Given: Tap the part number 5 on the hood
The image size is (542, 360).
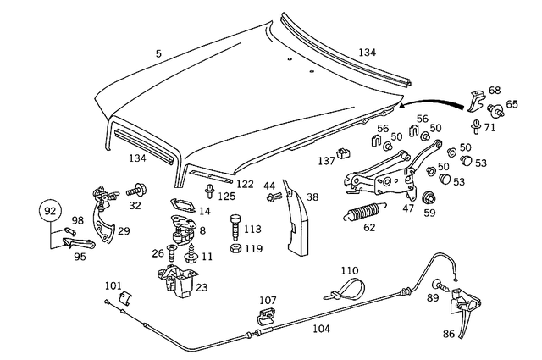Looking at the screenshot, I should [158, 54].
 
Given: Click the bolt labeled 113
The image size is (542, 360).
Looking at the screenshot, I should [235, 228].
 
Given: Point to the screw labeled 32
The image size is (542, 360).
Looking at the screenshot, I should [136, 191].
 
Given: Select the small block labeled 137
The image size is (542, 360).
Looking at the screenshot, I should [344, 153].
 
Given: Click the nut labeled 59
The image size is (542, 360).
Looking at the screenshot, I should [428, 200].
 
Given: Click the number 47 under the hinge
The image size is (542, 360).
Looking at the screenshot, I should [409, 208].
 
